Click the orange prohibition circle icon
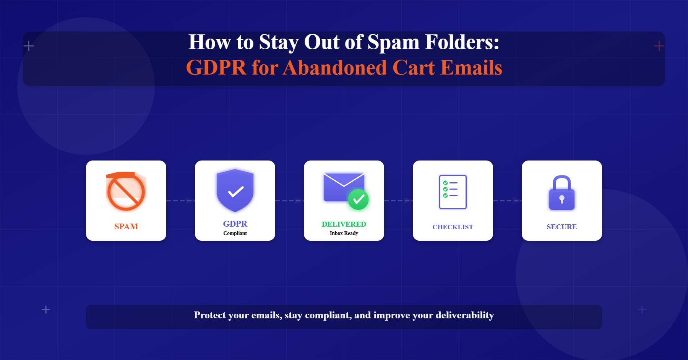pos(126,192)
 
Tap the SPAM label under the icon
pos(126,227)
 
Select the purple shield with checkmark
pos(235,190)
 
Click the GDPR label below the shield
pos(235,224)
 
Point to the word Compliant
pos(235,234)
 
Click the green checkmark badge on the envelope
pos(358,199)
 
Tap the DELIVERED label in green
pos(344,224)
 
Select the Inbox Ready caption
pos(344,234)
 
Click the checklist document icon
pos(453,192)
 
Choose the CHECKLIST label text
pos(453,227)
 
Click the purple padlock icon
pos(562,193)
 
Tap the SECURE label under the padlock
pos(562,227)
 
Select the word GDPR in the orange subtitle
pos(216,68)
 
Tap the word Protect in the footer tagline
pos(210,315)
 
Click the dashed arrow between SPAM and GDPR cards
pos(180,200)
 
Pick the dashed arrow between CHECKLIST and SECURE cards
pos(507,200)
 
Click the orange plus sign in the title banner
pos(659,46)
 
